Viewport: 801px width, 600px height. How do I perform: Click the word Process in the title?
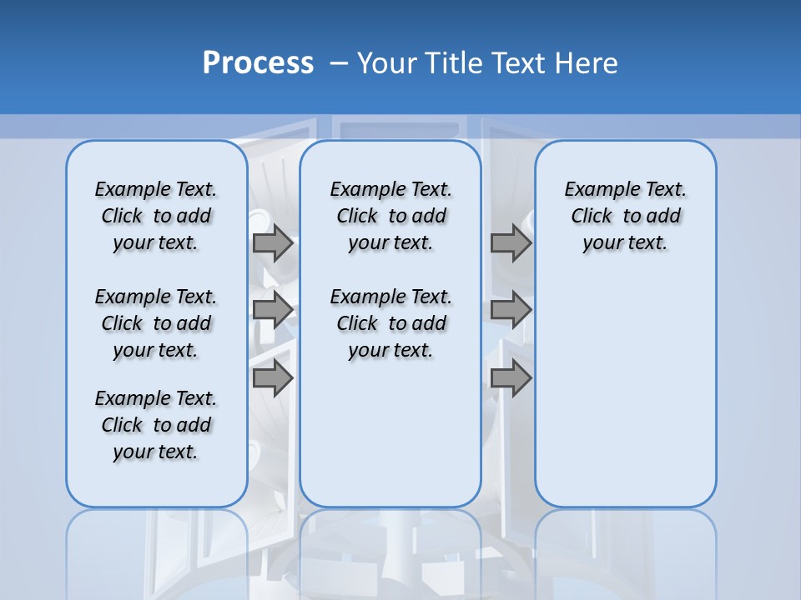tap(258, 63)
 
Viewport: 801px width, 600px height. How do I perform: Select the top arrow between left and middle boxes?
tap(273, 243)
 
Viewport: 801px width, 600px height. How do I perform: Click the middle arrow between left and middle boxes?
tap(273, 311)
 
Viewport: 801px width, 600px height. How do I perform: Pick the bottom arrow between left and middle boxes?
tap(273, 378)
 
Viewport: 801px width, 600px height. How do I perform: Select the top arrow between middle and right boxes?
tap(511, 243)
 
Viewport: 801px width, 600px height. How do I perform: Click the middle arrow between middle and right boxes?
tap(511, 311)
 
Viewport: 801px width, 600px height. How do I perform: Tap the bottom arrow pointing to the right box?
tap(511, 378)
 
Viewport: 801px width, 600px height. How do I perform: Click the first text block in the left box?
tap(156, 216)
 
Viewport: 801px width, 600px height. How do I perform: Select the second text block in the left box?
tap(156, 323)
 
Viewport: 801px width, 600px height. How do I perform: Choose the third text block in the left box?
tap(156, 425)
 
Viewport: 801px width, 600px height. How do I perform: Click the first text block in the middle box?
tap(390, 216)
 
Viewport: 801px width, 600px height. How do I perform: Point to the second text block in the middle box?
tap(390, 323)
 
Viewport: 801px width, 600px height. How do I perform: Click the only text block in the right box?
tap(625, 216)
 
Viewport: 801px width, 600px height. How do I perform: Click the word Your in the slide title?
tap(386, 63)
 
